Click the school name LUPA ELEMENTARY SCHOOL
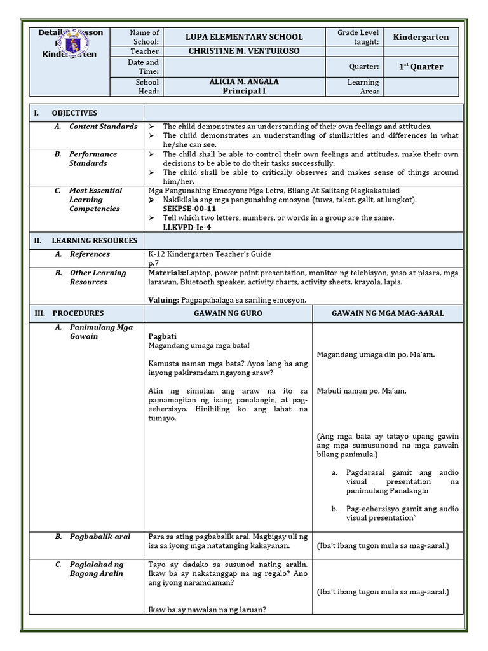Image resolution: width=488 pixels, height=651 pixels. click(x=244, y=37)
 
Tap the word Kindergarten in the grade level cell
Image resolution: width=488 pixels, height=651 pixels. click(x=421, y=37)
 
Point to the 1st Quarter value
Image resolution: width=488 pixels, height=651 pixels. click(x=421, y=67)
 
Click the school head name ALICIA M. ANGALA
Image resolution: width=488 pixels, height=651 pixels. click(x=244, y=81)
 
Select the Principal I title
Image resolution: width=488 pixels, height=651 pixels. click(x=244, y=91)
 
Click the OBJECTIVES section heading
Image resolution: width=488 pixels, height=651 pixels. click(x=74, y=113)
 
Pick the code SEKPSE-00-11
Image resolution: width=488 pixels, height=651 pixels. click(x=189, y=209)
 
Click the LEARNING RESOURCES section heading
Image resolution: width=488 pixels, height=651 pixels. click(x=94, y=241)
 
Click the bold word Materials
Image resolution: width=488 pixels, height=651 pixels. click(x=167, y=273)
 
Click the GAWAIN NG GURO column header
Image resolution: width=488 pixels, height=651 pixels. click(x=228, y=313)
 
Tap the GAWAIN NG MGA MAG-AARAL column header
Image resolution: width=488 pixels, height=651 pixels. click(x=388, y=313)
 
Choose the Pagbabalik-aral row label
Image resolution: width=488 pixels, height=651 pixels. click(x=100, y=537)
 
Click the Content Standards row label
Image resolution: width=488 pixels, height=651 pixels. click(x=103, y=127)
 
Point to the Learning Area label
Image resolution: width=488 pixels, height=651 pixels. click(x=363, y=86)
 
